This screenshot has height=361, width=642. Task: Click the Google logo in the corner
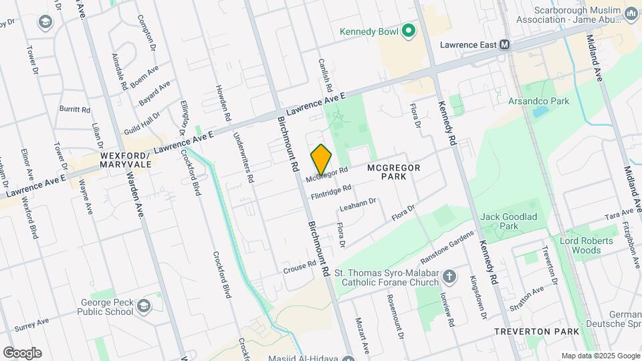[x=22, y=353]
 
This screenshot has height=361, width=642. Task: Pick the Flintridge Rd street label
[x=330, y=192]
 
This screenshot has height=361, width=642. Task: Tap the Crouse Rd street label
[x=299, y=266]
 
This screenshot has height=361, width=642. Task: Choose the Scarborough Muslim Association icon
[x=631, y=14]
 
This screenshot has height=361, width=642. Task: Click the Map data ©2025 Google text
[x=599, y=356]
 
